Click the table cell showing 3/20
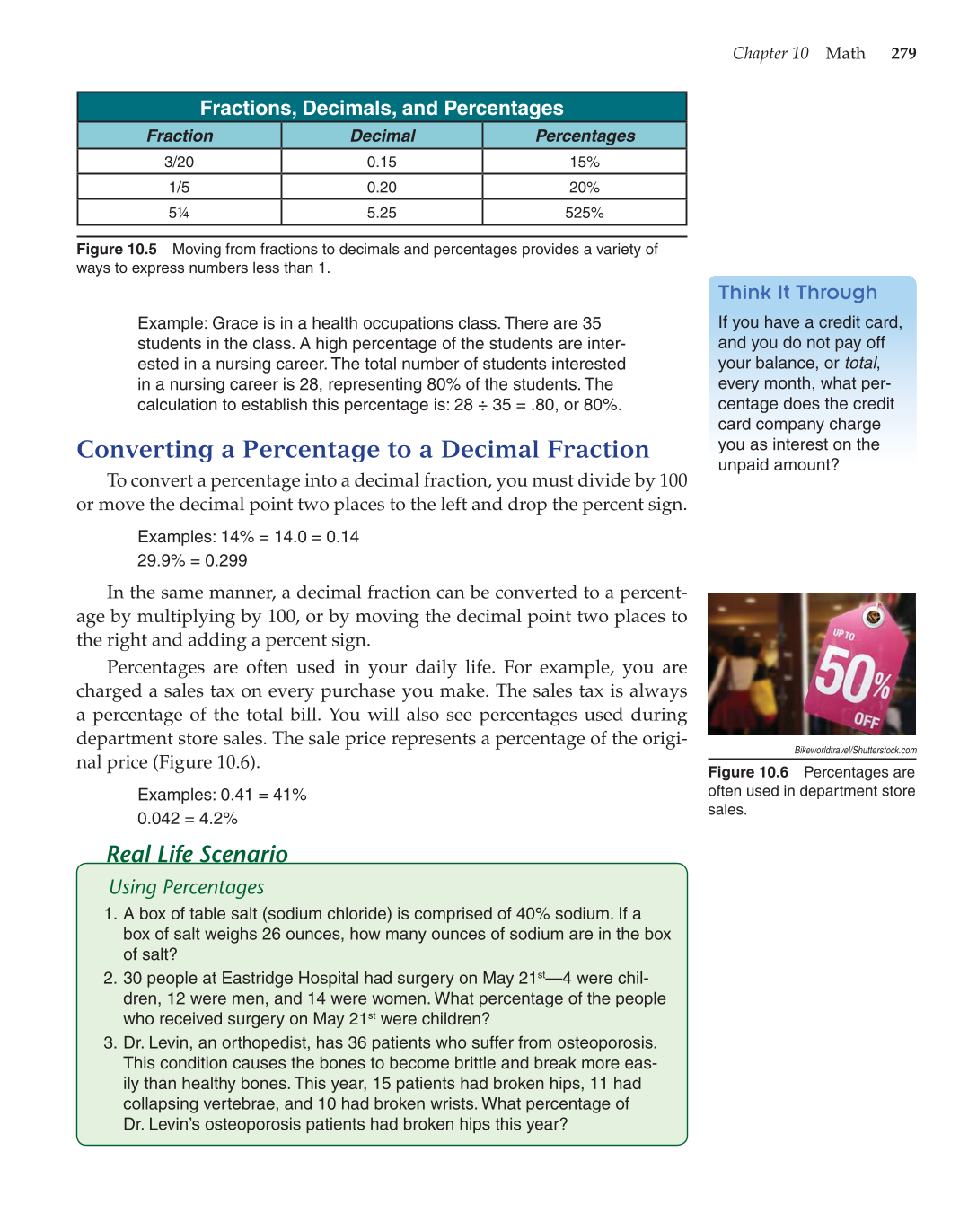(179, 162)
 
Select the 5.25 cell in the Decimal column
(382, 213)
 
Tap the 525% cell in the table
(584, 213)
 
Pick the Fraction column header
(180, 136)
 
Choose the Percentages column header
(585, 136)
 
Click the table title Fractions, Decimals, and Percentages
(382, 108)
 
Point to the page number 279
(903, 53)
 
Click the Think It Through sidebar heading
(797, 293)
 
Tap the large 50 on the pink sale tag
(841, 675)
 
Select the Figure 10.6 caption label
(748, 772)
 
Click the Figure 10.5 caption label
(117, 249)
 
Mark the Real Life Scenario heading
(197, 854)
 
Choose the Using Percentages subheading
(187, 887)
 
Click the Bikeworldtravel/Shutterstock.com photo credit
(855, 750)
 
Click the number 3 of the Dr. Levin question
(110, 1042)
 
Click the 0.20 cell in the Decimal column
(382, 187)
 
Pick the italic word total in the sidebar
(860, 363)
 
